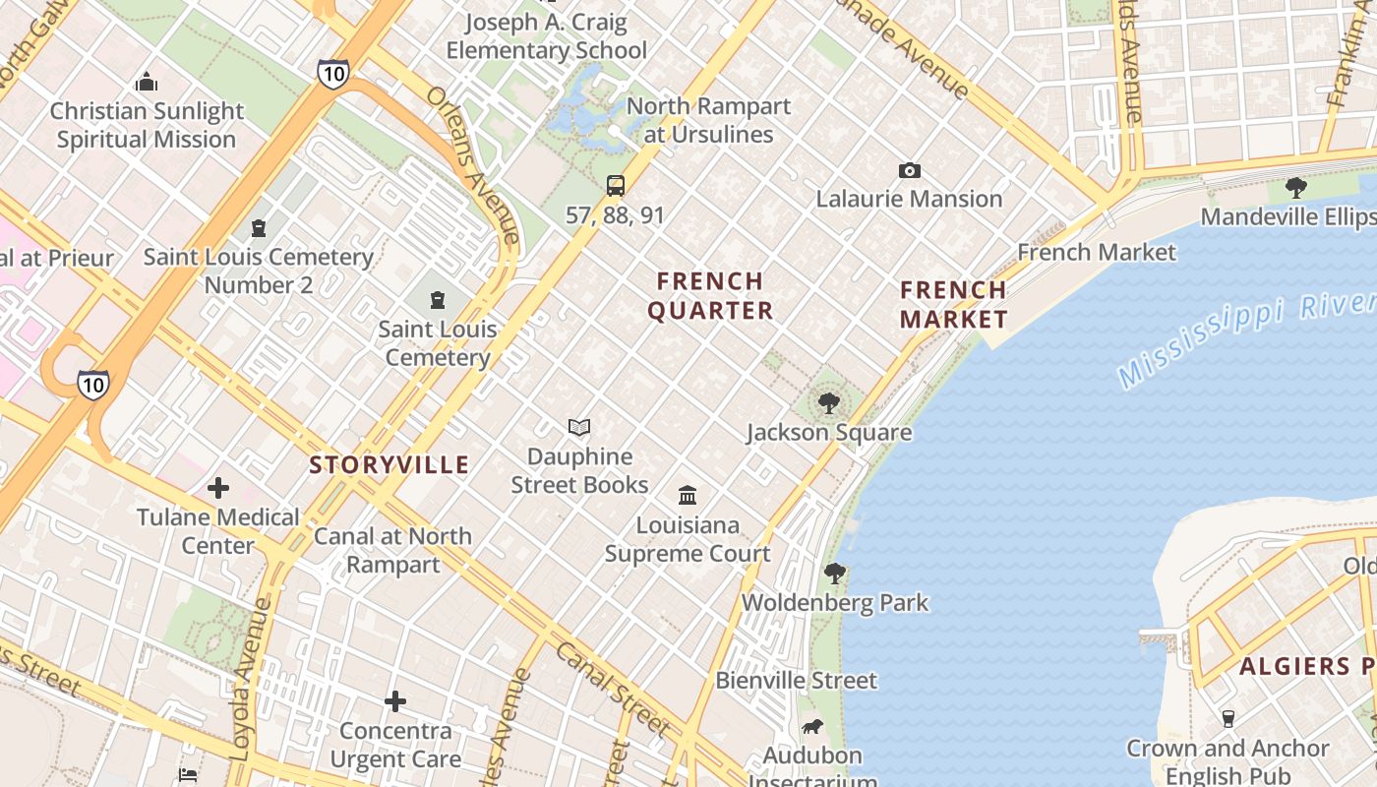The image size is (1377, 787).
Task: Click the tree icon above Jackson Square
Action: point(828,402)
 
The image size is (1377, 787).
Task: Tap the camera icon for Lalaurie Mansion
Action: point(910,170)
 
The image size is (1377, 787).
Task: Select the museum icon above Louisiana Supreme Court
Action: point(688,495)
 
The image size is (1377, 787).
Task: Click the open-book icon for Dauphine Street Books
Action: point(579,427)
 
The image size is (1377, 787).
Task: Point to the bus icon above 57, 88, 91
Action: point(616,186)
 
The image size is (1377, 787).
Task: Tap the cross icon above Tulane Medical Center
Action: point(218,487)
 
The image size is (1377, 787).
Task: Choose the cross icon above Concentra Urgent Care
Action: point(395,701)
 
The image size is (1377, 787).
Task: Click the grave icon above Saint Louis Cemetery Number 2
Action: point(259,228)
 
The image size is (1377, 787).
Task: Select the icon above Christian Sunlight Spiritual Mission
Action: point(147,82)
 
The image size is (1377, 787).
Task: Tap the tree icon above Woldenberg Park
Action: point(835,573)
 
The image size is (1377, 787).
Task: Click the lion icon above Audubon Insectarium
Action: point(812,727)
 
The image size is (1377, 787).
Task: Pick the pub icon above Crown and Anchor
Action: point(1227,718)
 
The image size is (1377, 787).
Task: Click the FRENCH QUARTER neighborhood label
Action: point(710,296)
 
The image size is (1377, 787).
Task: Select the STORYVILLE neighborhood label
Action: point(389,464)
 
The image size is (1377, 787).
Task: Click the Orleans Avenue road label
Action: point(473,164)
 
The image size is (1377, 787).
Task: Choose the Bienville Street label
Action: point(797,680)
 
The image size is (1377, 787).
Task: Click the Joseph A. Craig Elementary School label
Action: point(547,36)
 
